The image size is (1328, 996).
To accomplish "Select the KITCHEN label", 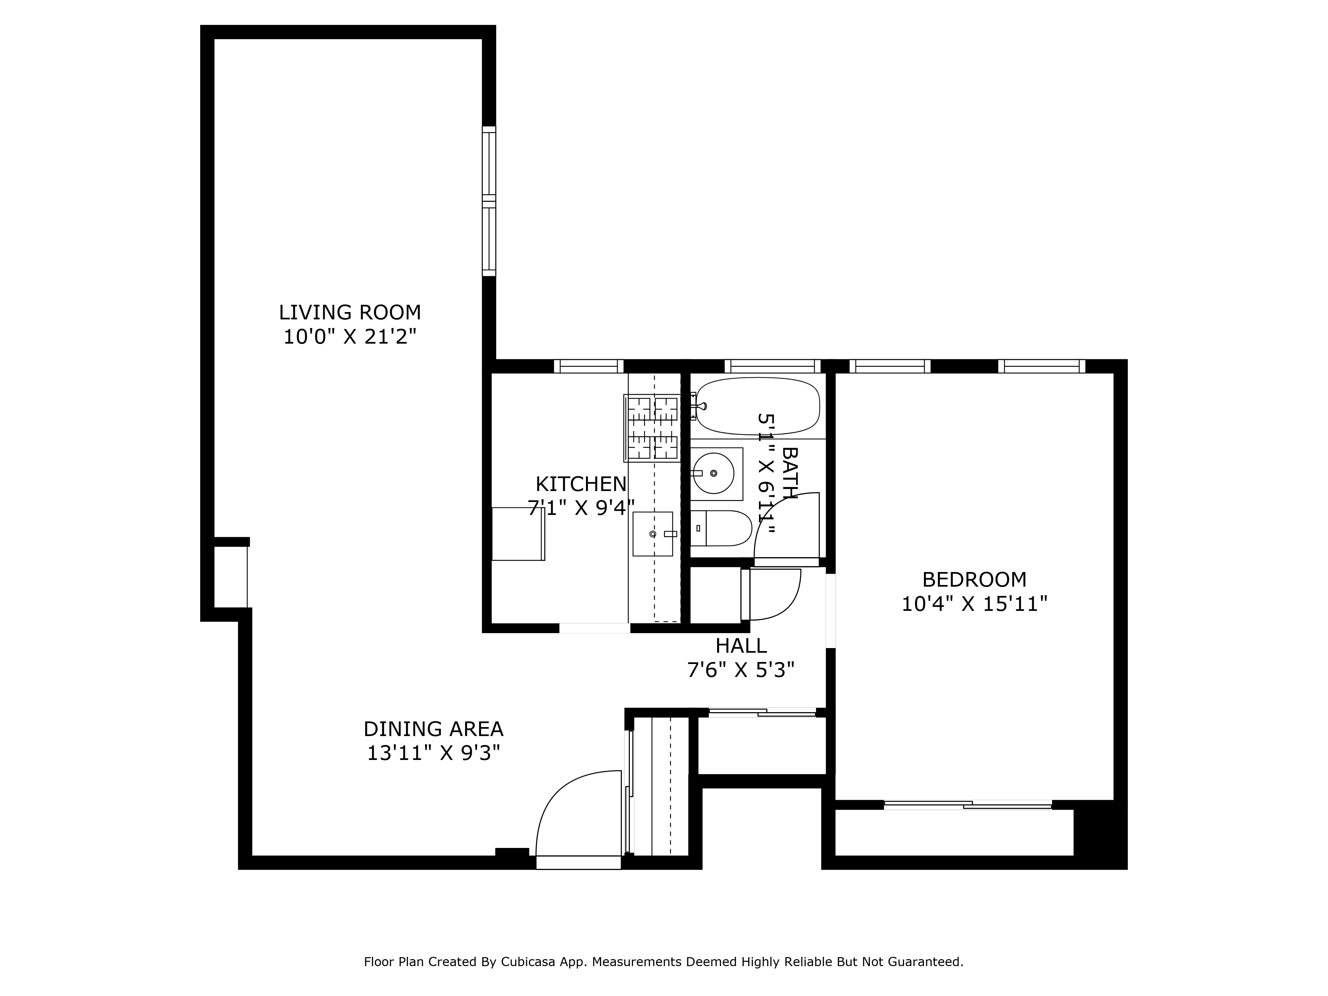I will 581,484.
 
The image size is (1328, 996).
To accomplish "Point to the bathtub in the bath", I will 758,406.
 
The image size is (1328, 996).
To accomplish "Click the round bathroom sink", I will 713,473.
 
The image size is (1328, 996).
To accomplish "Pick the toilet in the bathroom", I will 720,528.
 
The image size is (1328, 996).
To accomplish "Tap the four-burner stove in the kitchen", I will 652,428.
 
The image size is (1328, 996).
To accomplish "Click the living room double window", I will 489,201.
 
